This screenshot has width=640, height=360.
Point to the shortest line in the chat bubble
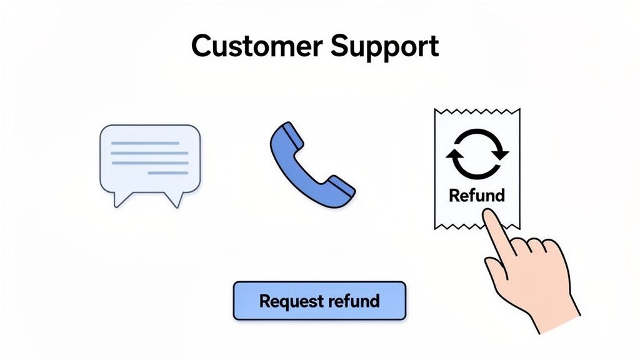pyautogui.click(x=167, y=172)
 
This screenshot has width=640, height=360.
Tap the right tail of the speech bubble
pyautogui.click(x=174, y=199)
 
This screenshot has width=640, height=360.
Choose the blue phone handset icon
pyautogui.click(x=311, y=165)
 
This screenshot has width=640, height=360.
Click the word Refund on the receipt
pyautogui.click(x=476, y=195)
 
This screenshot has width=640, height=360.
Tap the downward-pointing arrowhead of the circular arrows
pyautogui.click(x=500, y=154)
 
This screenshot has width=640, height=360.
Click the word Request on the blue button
pyautogui.click(x=289, y=301)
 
